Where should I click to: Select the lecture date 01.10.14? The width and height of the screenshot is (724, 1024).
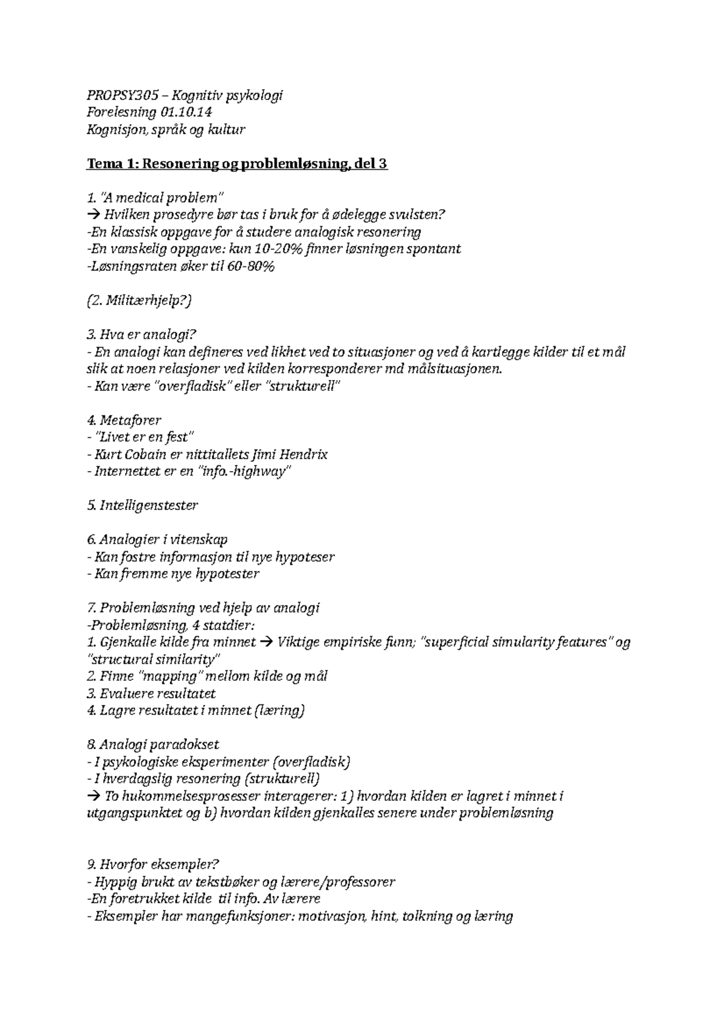pyautogui.click(x=186, y=113)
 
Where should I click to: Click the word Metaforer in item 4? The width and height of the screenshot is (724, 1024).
pyautogui.click(x=130, y=420)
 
